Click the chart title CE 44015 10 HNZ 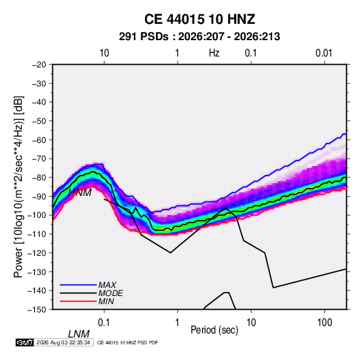pos(199,19)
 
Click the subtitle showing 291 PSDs pos(199,37)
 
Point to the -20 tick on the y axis pos(39,65)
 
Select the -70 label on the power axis pos(39,159)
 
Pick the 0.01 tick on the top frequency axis pos(324,53)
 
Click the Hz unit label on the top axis pos(214,53)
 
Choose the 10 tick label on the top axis pos(104,53)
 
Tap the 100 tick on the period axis pos(325,323)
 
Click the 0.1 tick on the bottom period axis pos(104,323)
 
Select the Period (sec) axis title pos(214,330)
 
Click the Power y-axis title pos(18,187)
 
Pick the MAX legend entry pos(107,285)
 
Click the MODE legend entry pos(110,293)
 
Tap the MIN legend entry pos(106,301)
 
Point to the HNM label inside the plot pos(80,193)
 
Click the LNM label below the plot pos(78,334)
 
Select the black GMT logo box pos(25,342)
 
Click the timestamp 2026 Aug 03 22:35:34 pos(63,342)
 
